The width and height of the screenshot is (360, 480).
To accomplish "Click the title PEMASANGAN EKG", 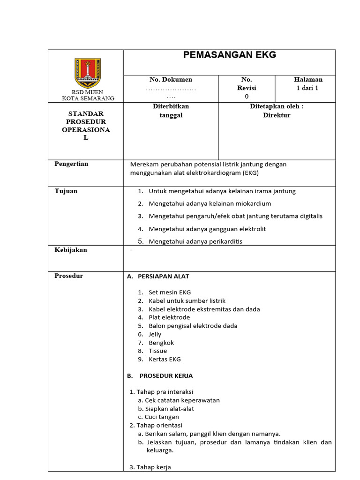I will pyautogui.click(x=229, y=55).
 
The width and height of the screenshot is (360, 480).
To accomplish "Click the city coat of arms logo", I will pyautogui.click(x=88, y=73).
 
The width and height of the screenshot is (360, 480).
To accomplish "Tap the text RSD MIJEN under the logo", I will pyautogui.click(x=87, y=92).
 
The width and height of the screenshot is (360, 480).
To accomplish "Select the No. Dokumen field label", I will pyautogui.click(x=171, y=80).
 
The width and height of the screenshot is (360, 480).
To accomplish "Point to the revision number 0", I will pyautogui.click(x=247, y=97).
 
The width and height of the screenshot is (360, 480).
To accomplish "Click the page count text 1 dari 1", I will pyautogui.click(x=307, y=88).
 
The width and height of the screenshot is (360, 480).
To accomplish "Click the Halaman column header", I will pyautogui.click(x=308, y=80).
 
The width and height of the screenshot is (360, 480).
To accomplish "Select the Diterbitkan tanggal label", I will pyautogui.click(x=171, y=111).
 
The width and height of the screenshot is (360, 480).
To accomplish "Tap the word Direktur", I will pyautogui.click(x=277, y=115).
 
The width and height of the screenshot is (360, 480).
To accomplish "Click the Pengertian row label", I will pyautogui.click(x=71, y=164).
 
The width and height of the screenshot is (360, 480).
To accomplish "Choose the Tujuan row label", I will pyautogui.click(x=66, y=191).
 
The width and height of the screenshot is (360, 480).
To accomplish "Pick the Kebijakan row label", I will pyautogui.click(x=71, y=250).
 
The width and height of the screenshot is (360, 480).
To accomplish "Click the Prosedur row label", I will pyautogui.click(x=69, y=276).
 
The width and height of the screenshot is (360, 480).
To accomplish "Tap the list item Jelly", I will pyautogui.click(x=155, y=334).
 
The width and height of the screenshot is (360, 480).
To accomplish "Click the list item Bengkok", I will pyautogui.click(x=161, y=343).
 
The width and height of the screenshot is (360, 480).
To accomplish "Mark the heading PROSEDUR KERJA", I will pyautogui.click(x=166, y=376).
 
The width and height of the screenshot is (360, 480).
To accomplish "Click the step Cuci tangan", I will pyautogui.click(x=162, y=417).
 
